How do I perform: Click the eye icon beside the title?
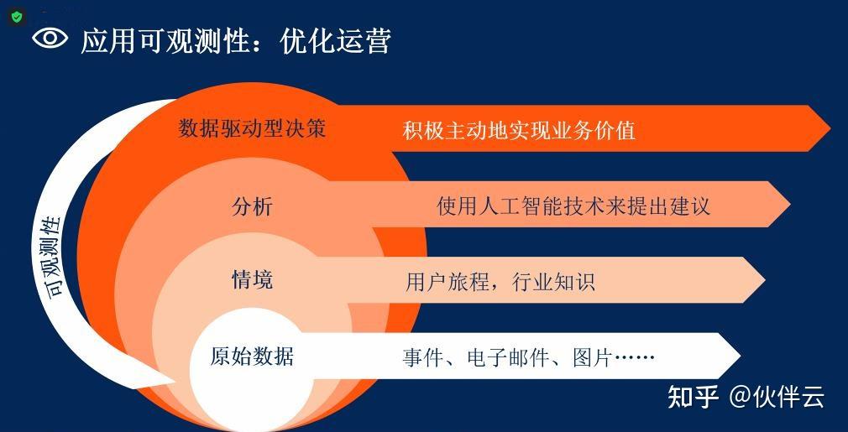pyautogui.click(x=50, y=39)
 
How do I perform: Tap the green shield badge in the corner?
pyautogui.click(x=17, y=18)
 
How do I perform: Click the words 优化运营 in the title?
pyautogui.click(x=336, y=40)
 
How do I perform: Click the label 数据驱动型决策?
pyautogui.click(x=252, y=128)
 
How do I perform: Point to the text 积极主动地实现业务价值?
pyautogui.click(x=519, y=131)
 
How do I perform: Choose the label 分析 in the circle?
pyautogui.click(x=252, y=207)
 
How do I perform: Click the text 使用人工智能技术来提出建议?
pyautogui.click(x=573, y=206)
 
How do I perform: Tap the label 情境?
pyautogui.click(x=252, y=279)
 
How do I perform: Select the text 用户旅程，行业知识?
pyautogui.click(x=500, y=282)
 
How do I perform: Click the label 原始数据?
pyautogui.click(x=252, y=357)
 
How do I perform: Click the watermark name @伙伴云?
pyautogui.click(x=777, y=398)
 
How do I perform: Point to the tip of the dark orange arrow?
pyautogui.click(x=830, y=128)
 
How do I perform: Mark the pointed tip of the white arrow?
pyautogui.click(x=740, y=356)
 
